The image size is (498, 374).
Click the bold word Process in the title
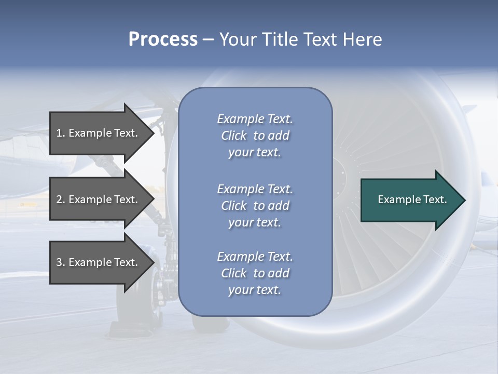163,39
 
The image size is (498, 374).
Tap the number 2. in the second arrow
61,199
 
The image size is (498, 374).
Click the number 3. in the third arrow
61,262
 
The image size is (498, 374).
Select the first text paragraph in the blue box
255,136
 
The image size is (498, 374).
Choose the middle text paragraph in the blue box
255,206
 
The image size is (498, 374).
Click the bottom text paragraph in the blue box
255,273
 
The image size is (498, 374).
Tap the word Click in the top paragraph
234,136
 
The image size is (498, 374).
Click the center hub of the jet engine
340,171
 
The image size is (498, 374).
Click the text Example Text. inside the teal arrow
412,199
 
